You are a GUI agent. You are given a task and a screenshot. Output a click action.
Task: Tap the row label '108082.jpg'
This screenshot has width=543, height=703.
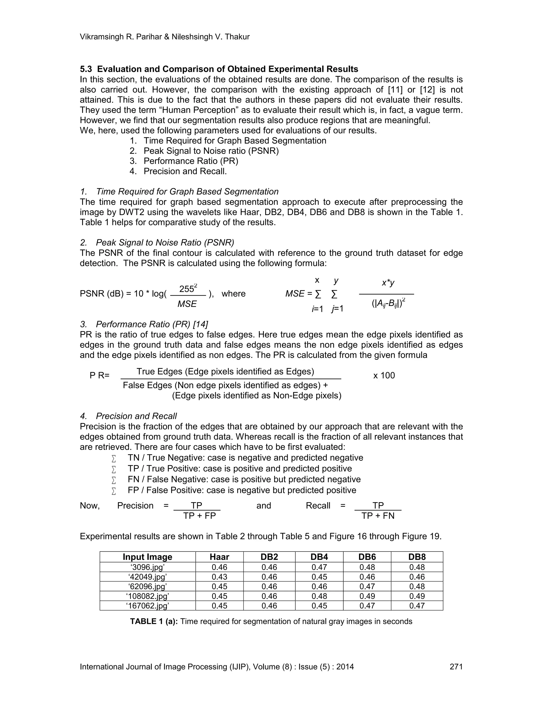coord(147,596)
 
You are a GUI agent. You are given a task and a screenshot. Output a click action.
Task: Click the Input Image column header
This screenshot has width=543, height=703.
coord(147,557)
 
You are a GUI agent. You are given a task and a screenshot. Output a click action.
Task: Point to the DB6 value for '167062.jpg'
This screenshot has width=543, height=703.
coord(367,606)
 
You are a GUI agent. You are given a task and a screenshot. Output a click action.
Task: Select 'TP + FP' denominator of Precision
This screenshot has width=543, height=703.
coord(199,516)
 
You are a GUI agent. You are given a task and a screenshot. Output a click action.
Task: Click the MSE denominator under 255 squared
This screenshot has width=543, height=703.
coord(187,304)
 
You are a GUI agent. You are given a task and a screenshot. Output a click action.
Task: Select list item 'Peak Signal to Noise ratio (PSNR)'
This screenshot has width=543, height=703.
coord(211,151)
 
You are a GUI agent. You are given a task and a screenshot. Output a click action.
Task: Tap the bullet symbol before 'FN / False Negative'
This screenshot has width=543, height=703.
coord(113,480)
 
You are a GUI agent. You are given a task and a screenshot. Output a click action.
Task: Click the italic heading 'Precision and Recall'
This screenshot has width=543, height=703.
coord(136,416)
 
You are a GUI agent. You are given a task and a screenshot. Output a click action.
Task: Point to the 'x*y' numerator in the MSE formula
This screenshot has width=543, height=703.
coord(388,283)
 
